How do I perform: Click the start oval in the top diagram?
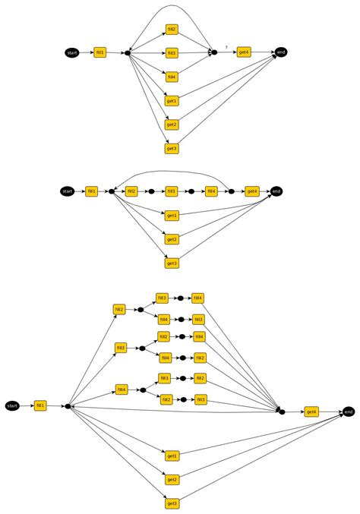[72, 52]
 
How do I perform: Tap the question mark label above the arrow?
[226, 46]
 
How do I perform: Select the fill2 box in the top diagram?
[172, 29]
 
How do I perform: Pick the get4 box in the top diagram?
[244, 52]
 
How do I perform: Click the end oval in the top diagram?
[282, 52]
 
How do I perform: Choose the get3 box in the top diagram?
[172, 148]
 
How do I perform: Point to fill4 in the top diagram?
[172, 77]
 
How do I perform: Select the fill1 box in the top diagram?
[100, 52]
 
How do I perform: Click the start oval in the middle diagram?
[67, 191]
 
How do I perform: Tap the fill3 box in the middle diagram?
[172, 191]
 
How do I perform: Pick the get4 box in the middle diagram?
[252, 191]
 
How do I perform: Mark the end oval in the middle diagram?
[276, 191]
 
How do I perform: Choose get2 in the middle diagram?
[172, 239]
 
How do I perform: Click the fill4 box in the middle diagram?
[212, 191]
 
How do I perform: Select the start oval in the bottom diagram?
[12, 406]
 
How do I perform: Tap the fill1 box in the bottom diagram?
[40, 406]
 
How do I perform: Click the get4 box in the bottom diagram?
[311, 412]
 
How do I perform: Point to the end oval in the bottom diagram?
[348, 412]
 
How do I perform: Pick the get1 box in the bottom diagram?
[172, 456]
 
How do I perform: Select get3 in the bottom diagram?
[172, 503]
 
